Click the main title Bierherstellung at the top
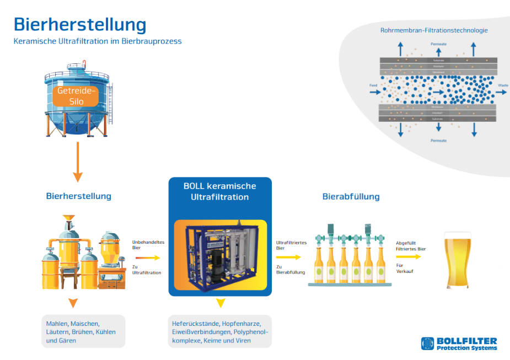point(80,24)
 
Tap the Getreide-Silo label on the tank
point(77,95)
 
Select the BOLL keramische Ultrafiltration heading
point(219,191)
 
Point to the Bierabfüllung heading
point(351,196)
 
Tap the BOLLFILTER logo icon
point(428,343)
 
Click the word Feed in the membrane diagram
point(373,86)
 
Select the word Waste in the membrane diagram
point(503,86)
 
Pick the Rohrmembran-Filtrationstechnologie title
point(434,30)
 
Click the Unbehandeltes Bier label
point(145,244)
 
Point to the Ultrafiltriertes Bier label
point(291,244)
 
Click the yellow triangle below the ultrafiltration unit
point(220,303)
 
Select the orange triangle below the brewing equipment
point(73,303)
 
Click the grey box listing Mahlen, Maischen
point(83,331)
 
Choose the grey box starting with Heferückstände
point(220,331)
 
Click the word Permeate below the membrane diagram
point(439,141)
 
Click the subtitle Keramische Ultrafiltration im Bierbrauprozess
point(98,41)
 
